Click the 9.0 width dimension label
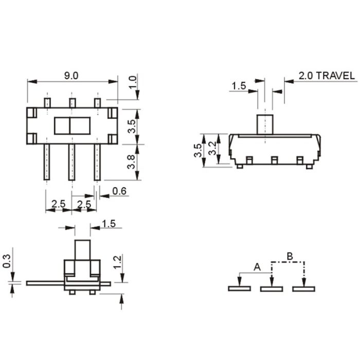[71, 75]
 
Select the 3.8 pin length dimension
[132, 163]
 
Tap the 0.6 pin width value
[119, 191]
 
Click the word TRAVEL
[335, 76]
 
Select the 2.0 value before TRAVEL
[305, 76]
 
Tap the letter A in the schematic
[257, 267]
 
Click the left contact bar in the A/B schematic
[240, 289]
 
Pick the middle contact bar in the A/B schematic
[272, 289]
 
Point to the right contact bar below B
[303, 289]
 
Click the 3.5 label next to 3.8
[132, 127]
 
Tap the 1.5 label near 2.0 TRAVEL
[239, 86]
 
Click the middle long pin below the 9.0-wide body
[71, 161]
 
